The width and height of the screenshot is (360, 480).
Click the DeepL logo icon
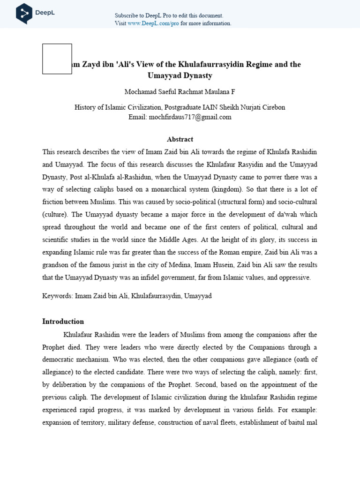click(24, 13)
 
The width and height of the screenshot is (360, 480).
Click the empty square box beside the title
click(57, 59)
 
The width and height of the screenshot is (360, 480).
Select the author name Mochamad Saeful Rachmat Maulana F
click(180, 92)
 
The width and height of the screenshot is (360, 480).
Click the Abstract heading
click(180, 139)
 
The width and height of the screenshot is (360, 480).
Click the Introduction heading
click(63, 322)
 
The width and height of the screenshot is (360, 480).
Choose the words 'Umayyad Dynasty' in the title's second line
click(180, 75)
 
